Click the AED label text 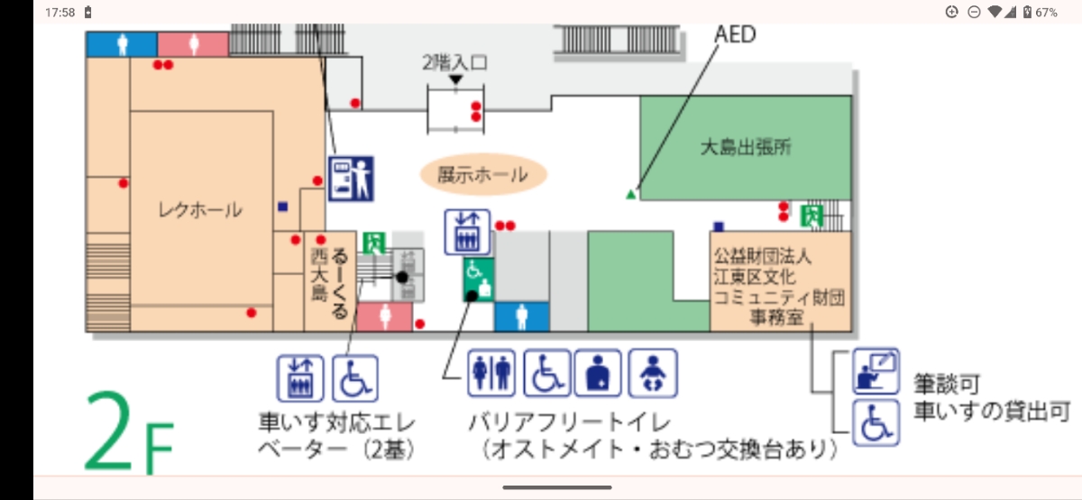pyautogui.click(x=735, y=34)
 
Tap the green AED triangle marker pyautogui.click(x=630, y=194)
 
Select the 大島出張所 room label pyautogui.click(x=746, y=147)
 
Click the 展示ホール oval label pyautogui.click(x=483, y=174)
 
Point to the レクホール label pyautogui.click(x=200, y=210)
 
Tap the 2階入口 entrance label pyautogui.click(x=455, y=63)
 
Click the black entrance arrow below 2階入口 pyautogui.click(x=455, y=79)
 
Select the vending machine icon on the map pyautogui.click(x=351, y=179)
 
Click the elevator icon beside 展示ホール pyautogui.click(x=467, y=232)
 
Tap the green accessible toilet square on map pyautogui.click(x=479, y=280)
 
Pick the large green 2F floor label pyautogui.click(x=129, y=431)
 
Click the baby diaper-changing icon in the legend pyautogui.click(x=653, y=374)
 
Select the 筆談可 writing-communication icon pyautogui.click(x=876, y=371)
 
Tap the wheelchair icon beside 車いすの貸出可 pyautogui.click(x=876, y=422)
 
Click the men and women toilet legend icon pyautogui.click(x=491, y=374)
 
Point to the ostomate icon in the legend pyautogui.click(x=598, y=374)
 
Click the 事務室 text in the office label pyautogui.click(x=776, y=318)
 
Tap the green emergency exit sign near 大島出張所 pyautogui.click(x=812, y=216)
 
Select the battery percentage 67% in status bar pyautogui.click(x=1046, y=12)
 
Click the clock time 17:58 pyautogui.click(x=60, y=12)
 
